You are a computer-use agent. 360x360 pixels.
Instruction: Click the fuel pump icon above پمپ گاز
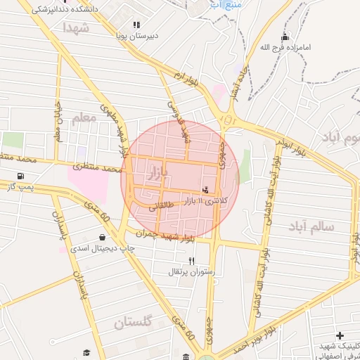point(19,176)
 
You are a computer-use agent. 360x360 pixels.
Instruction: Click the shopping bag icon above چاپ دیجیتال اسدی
point(103,238)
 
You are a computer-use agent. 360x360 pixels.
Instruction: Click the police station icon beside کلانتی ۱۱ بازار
point(205,190)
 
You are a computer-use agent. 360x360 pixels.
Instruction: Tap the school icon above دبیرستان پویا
point(136,25)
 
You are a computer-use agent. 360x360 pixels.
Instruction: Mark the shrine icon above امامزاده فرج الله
point(285,37)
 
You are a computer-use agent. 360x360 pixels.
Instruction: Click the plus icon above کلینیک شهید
point(340,336)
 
